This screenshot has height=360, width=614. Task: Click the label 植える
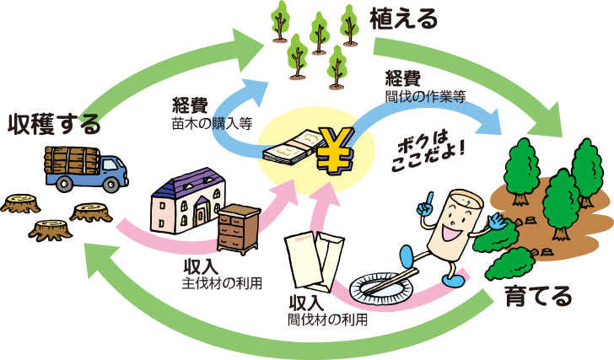point(403,19)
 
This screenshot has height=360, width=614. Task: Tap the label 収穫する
point(55,124)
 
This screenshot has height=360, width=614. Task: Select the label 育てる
point(538,297)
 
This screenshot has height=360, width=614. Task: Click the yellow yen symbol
point(335,151)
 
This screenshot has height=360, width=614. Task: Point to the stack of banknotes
point(293,148)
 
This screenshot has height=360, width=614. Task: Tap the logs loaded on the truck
point(72,160)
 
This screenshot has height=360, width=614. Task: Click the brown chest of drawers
point(239,228)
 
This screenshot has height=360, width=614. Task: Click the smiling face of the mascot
point(455,223)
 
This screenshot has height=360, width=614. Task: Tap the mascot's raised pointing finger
point(429,198)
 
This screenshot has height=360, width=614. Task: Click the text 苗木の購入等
point(212,124)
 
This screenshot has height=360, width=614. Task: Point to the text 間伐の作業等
point(425,97)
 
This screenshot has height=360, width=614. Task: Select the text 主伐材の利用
point(222,283)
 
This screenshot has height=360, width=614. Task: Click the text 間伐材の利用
point(328,320)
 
